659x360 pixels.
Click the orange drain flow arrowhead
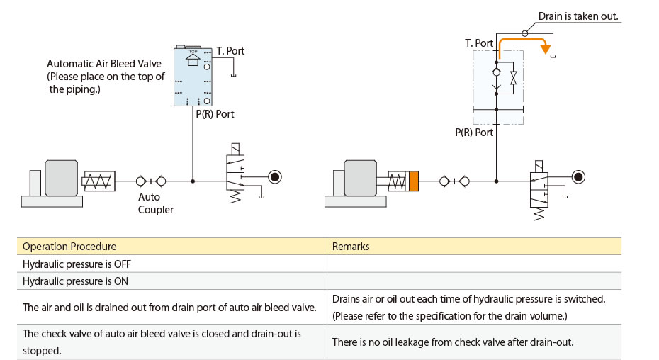[x=546, y=49]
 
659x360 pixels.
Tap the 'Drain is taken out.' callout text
[x=578, y=16]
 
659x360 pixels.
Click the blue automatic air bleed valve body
[x=193, y=77]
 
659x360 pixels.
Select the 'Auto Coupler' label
[x=155, y=203]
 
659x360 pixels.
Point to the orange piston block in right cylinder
[x=414, y=181]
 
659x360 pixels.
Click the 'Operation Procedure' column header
[x=69, y=247]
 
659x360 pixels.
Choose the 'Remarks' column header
[x=351, y=247]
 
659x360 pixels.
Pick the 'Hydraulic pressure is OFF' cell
[x=77, y=264]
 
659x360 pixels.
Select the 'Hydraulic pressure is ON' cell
[x=75, y=281]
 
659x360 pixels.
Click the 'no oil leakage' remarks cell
[x=453, y=342]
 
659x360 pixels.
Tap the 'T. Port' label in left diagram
[x=230, y=51]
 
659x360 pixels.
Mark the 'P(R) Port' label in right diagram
[x=474, y=133]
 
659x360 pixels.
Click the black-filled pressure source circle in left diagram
[x=275, y=177]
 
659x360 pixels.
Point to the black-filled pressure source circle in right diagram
[x=578, y=177]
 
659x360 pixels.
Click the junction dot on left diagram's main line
[x=193, y=181]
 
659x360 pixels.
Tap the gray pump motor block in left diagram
[x=62, y=178]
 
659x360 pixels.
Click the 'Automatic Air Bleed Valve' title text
[x=104, y=64]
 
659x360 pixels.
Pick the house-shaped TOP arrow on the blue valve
[x=193, y=60]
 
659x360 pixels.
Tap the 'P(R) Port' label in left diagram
[x=215, y=114]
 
